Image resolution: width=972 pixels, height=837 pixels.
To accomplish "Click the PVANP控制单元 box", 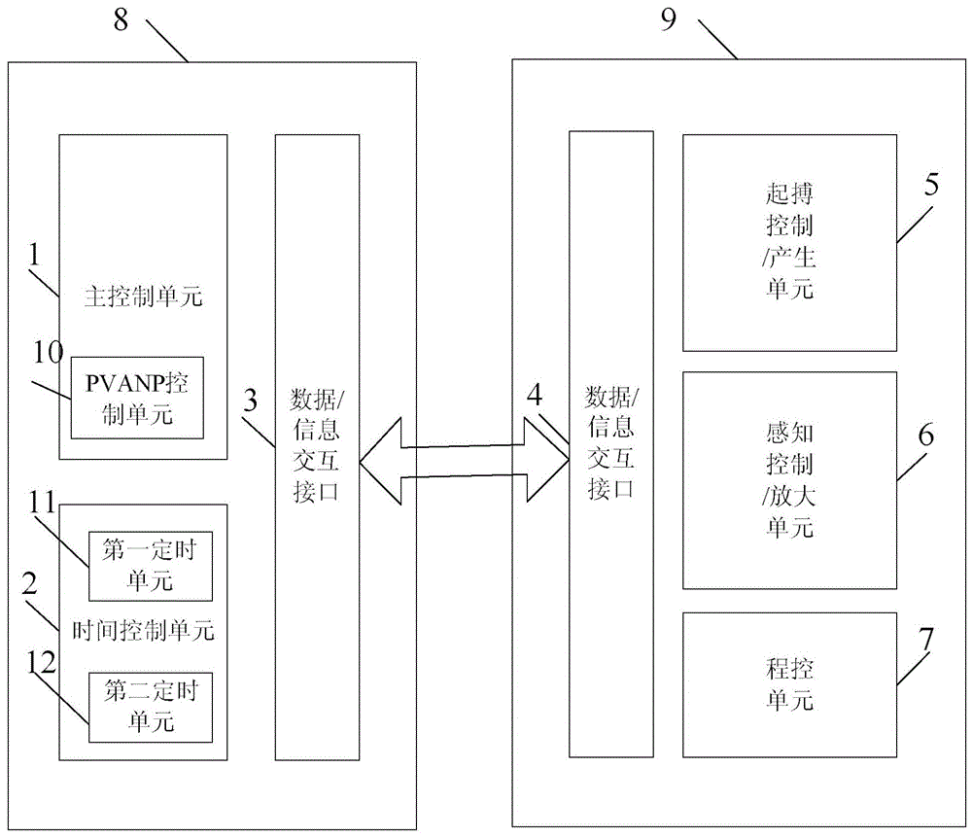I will (x=137, y=397).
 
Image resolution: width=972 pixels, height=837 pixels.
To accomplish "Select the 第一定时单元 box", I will (x=150, y=567).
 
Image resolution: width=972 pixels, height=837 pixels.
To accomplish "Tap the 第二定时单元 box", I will (x=150, y=707).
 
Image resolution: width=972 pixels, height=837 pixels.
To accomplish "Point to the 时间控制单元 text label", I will (x=143, y=631).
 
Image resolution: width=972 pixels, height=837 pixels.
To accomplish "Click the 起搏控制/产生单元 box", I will (x=789, y=242).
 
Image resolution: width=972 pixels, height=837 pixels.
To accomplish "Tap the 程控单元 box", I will (x=789, y=684).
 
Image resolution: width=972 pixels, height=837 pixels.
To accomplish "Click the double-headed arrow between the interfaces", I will (x=464, y=462).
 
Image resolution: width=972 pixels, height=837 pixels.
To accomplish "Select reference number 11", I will (x=47, y=504).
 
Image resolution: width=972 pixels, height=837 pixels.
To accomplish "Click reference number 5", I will (x=930, y=186).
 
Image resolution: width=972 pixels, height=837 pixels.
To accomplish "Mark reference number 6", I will (x=925, y=435).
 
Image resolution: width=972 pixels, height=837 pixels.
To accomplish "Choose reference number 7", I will (x=926, y=639).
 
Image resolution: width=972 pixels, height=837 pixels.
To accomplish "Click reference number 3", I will (x=251, y=399).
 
